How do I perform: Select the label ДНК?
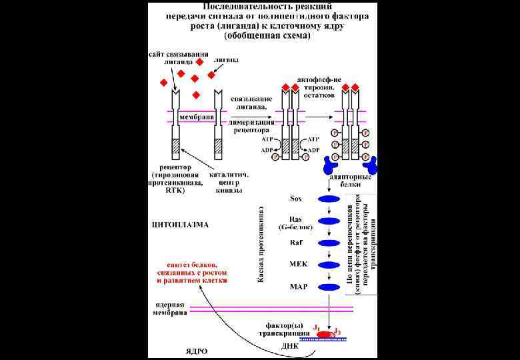[289, 346]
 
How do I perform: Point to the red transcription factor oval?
[325, 333]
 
